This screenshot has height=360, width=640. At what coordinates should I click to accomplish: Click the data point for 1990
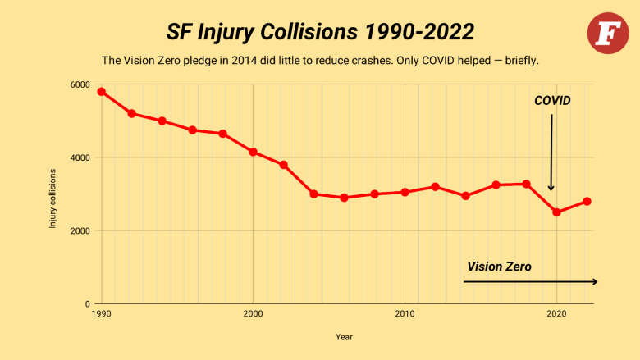pos(101,92)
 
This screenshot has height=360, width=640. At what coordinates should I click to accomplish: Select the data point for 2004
pos(313,194)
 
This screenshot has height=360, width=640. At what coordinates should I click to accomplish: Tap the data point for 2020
pos(556,212)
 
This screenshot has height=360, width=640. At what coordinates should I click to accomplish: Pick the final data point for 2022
pos(587,202)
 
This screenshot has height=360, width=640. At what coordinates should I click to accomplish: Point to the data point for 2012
pos(435,187)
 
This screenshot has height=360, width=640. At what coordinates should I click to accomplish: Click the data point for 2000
pos(253,152)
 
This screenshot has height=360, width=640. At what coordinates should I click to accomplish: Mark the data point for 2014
pos(465,196)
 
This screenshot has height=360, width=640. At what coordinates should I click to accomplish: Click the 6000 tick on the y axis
pos(80,84)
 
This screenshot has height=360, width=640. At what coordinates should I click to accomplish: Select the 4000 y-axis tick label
pos(80,157)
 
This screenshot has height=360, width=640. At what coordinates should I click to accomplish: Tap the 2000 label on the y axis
pos(80,230)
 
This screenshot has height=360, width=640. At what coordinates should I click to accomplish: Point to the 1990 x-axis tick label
pos(101,313)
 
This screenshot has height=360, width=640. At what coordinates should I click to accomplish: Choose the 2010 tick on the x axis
pos(405,313)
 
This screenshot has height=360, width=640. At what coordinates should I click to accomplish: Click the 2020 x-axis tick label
pos(556,313)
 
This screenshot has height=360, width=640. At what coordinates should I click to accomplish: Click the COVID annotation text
pos(551,101)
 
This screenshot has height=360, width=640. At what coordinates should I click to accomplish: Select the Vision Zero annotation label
pos(499,267)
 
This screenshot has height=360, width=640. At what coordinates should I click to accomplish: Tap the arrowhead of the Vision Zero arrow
pos(594,281)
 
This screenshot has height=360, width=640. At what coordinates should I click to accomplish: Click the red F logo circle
pos(607,34)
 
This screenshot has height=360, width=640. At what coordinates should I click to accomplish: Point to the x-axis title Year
pos(344,336)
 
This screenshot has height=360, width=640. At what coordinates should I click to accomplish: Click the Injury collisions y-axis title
pos(53,198)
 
